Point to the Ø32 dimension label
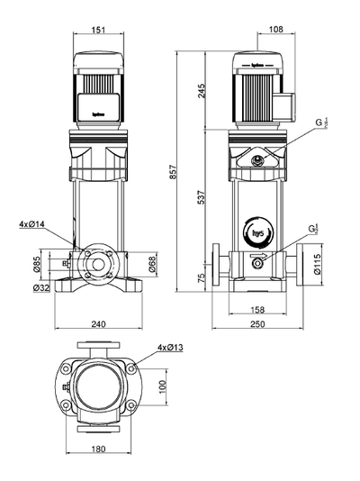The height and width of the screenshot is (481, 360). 40,287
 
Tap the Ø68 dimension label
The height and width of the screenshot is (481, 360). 152,263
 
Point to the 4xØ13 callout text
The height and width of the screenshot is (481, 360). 169,347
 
